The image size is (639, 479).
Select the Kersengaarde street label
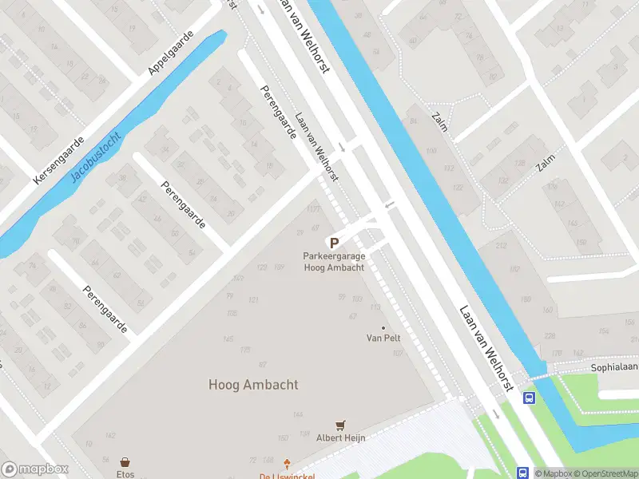click(x=58, y=160)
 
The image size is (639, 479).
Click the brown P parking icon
click(x=334, y=243)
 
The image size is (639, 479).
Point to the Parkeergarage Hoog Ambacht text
click(x=334, y=262)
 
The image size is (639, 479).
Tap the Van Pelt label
click(x=383, y=338)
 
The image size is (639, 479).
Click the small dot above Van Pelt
click(x=383, y=327)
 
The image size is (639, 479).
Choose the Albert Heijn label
click(x=341, y=437)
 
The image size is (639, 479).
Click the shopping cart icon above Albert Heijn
click(x=341, y=426)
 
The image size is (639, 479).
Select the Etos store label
click(x=125, y=474)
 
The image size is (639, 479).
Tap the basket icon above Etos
click(x=125, y=462)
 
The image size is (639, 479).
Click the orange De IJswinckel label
click(x=288, y=476)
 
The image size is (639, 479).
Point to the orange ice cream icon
click(x=288, y=462)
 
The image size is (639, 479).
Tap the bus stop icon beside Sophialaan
click(x=528, y=398)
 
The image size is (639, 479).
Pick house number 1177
click(x=313, y=208)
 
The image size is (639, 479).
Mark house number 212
click(x=501, y=245)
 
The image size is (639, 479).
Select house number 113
click(x=375, y=307)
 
